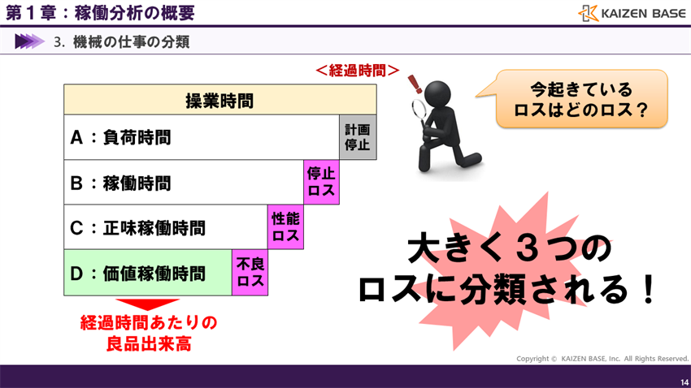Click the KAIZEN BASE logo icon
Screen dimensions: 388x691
[x=589, y=13]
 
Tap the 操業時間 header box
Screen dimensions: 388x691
[x=219, y=100]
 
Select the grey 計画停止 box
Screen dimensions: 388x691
[x=358, y=137]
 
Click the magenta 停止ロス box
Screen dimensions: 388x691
[x=322, y=183]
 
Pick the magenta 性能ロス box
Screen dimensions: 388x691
[x=285, y=227]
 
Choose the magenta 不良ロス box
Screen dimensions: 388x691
[x=250, y=273]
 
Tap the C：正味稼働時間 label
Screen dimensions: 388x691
[x=137, y=228]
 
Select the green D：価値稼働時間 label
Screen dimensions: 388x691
[x=137, y=274]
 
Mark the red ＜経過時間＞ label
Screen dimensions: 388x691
[x=357, y=71]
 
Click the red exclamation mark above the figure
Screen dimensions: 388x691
[x=415, y=83]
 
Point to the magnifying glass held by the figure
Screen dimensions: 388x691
[x=424, y=107]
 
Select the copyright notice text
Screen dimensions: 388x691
[x=602, y=358]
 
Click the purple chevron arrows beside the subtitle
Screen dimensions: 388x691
[x=29, y=41]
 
